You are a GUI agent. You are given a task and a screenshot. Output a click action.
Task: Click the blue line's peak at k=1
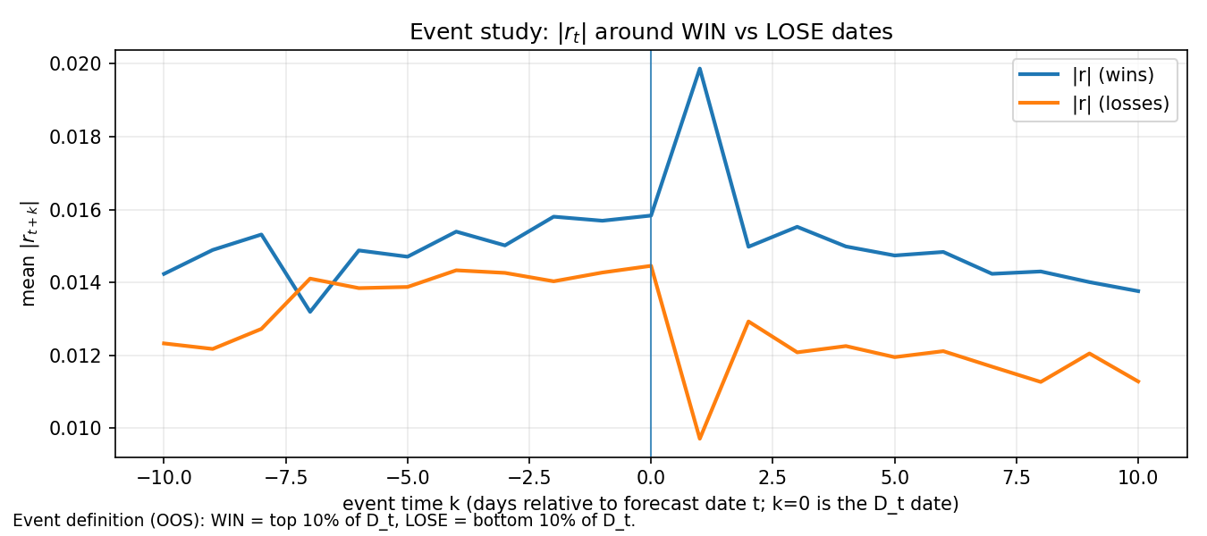point(699,68)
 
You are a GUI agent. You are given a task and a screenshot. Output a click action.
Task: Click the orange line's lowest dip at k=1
point(699,439)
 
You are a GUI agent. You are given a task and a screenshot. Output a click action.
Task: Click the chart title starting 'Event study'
point(651,32)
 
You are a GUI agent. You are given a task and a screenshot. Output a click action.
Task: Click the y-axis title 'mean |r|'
point(30,254)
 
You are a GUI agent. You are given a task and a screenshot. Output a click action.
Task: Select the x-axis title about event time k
point(651,504)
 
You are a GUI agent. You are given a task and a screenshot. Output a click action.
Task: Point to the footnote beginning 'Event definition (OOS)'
point(324,521)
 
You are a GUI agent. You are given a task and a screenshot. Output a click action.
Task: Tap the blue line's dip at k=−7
point(309,312)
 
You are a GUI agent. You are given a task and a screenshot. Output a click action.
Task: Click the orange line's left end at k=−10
point(163,343)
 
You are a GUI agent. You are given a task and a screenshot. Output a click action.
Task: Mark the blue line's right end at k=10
point(1138,291)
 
